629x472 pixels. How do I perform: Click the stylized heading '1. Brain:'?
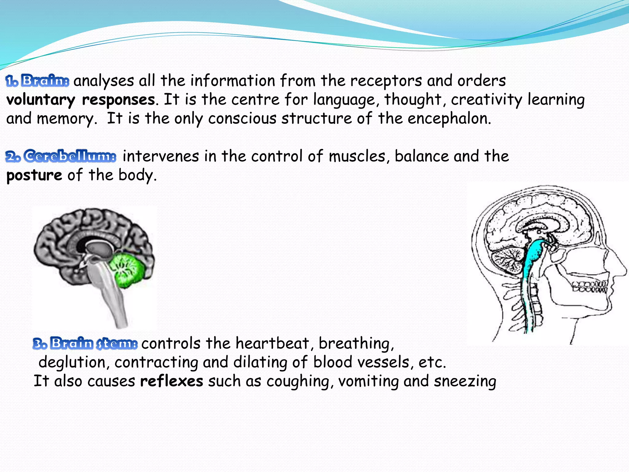coord(37,81)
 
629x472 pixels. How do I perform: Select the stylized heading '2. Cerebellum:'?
coord(61,156)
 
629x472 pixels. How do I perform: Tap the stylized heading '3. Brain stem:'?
coord(85,343)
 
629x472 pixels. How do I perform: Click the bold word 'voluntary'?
coord(41,100)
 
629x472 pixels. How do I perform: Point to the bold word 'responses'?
coord(118,100)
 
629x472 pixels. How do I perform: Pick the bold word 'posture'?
coord(34,175)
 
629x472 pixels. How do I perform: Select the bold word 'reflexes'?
coord(171,381)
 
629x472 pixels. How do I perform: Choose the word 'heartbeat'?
coord(272,343)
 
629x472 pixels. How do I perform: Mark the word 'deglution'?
coord(72,362)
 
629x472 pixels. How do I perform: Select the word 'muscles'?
coord(356,156)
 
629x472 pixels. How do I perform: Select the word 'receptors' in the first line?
coord(386,81)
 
